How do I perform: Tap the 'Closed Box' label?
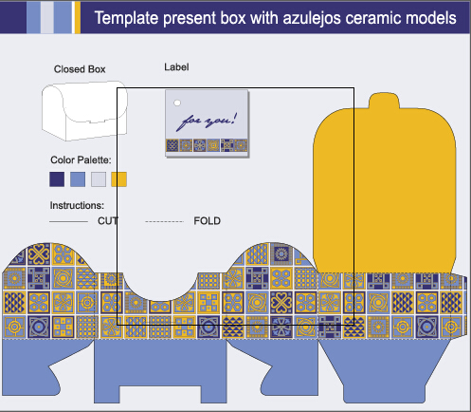tap(80, 69)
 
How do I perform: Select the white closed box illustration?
tap(84, 111)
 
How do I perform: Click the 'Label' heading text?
tap(176, 67)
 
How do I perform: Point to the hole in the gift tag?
tap(177, 103)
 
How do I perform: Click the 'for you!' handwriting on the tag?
tap(207, 121)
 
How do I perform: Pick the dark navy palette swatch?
tap(57, 179)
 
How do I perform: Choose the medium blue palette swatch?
tap(78, 179)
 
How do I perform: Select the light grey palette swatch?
tap(99, 179)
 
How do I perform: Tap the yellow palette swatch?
tap(119, 179)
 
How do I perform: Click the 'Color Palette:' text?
tap(81, 160)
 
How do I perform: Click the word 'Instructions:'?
tap(77, 206)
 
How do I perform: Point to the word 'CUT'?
tap(108, 221)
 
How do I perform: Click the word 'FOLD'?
tap(208, 221)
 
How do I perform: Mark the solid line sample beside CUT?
tap(68, 222)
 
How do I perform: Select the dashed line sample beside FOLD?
tap(164, 222)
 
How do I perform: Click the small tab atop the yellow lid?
tap(384, 101)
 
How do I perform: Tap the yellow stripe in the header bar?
tap(78, 17)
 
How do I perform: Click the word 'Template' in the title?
tap(127, 18)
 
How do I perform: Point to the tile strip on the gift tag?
tap(207, 145)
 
